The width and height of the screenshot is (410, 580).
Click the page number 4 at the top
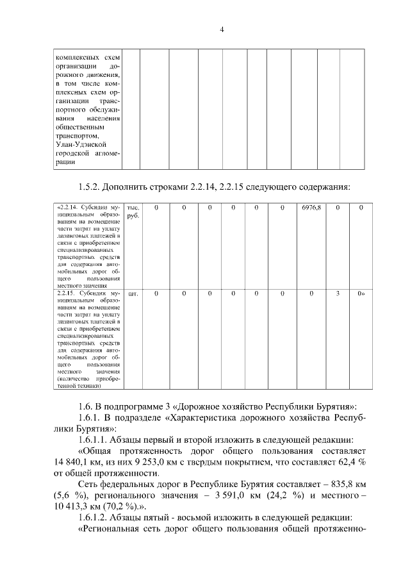pyautogui.click(x=221, y=29)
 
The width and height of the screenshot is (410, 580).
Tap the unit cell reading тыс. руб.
pyautogui.click(x=133, y=211)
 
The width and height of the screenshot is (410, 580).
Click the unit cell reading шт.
pyautogui.click(x=133, y=294)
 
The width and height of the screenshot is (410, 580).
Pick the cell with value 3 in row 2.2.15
pyautogui.click(x=338, y=294)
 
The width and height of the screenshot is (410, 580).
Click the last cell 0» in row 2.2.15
pyautogui.click(x=361, y=294)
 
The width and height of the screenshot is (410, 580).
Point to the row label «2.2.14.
pyautogui.click(x=67, y=208)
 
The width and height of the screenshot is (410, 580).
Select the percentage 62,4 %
pyautogui.click(x=347, y=460)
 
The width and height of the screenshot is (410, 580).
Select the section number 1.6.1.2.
pyautogui.click(x=95, y=518)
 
